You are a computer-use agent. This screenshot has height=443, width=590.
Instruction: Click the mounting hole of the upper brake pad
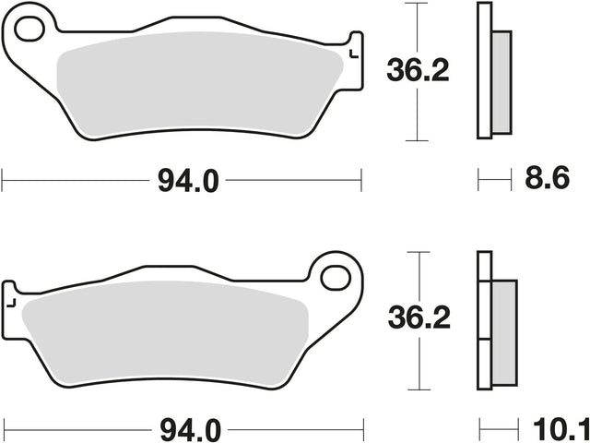click(29, 29)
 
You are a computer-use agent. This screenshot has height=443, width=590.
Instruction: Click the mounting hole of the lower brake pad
click(336, 278)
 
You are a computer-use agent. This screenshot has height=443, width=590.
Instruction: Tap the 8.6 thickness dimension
click(547, 179)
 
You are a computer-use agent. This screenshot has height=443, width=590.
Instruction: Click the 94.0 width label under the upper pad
click(188, 181)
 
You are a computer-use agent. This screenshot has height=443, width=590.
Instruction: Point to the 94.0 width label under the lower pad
click(190, 431)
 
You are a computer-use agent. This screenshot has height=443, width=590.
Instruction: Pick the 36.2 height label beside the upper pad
click(418, 70)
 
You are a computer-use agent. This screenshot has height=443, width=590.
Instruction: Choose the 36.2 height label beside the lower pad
click(419, 317)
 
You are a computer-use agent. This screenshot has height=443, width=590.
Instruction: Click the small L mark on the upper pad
click(354, 54)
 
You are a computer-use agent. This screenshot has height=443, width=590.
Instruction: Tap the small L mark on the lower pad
click(11, 303)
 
